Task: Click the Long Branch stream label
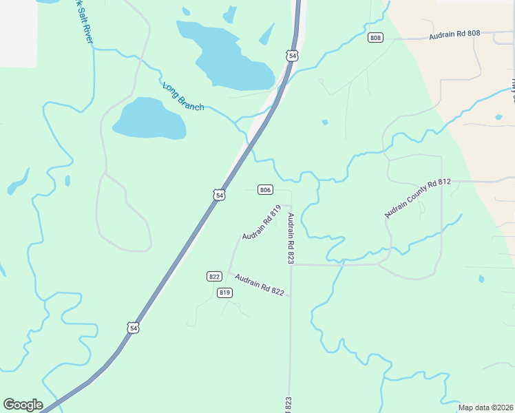pos(183,97)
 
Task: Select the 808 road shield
pos(375,37)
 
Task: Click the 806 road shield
pos(266,189)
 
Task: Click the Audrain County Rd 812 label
pos(417,198)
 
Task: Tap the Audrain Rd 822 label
pos(259,285)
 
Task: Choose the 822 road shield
pos(214,276)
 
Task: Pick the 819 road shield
pos(224,293)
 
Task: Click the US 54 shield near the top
pos(293,55)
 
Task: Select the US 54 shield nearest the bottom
pos(133,328)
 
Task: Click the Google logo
pos(23,405)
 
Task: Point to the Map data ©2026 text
pos(485,407)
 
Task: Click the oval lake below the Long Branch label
pos(149,118)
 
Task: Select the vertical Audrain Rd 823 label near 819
pos(291,238)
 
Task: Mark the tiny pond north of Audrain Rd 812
pos(324,123)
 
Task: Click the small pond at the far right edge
pos(498,117)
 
